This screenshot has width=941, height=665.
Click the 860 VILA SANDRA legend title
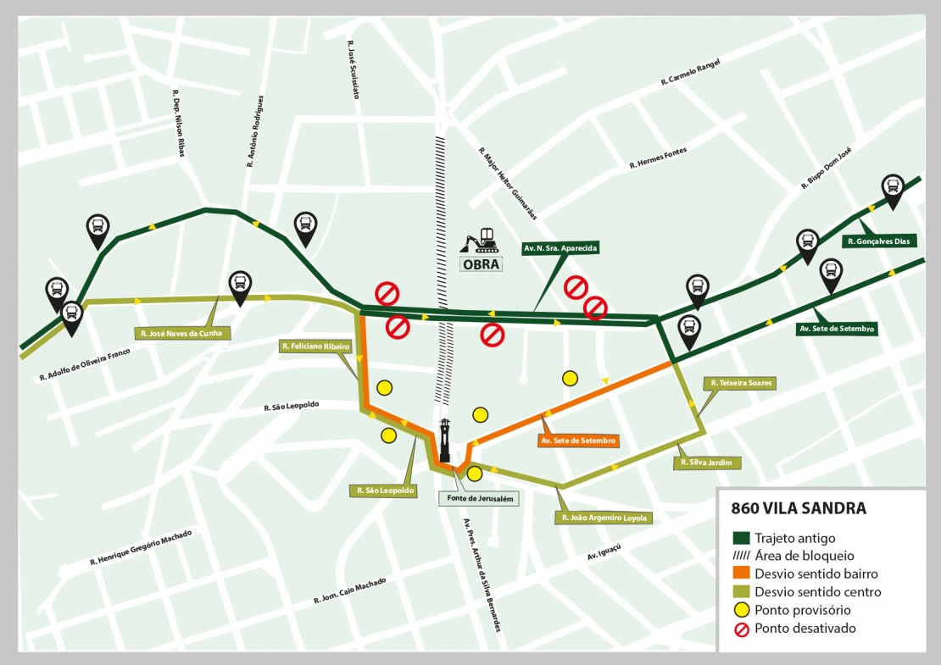coord(799,509)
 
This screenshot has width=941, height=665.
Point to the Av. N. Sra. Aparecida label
coord(560,248)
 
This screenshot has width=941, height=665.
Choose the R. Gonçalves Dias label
coord(878,241)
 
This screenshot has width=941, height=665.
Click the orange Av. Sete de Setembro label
coord(579,441)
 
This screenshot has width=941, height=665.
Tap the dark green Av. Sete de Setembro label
coord(836,328)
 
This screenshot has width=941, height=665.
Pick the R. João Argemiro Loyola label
coord(603,517)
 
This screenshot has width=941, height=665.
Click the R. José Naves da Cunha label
coord(181,333)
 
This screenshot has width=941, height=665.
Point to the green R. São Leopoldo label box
coord(386,490)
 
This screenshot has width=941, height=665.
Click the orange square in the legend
coord(740,574)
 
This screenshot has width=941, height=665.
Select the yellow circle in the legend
coord(740,610)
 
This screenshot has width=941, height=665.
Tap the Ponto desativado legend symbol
coord(740,629)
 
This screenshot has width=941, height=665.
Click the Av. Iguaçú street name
coord(604,551)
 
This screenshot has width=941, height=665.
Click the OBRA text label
coord(482,263)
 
